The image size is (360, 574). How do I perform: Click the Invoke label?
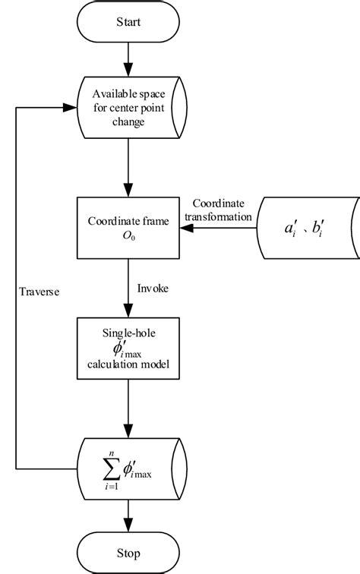154,289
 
